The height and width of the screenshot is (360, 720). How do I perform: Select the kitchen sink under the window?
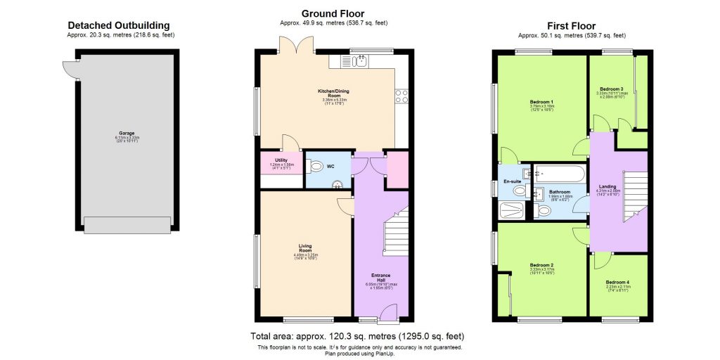coord(359,63)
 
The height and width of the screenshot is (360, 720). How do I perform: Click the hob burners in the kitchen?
coord(402,96)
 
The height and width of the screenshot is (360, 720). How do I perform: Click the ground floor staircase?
coord(395,231)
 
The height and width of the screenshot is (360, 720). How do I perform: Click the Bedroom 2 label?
coord(541,267)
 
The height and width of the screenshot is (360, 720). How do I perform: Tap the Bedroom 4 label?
coord(618,284)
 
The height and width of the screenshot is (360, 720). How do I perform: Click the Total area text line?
coord(357,336)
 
